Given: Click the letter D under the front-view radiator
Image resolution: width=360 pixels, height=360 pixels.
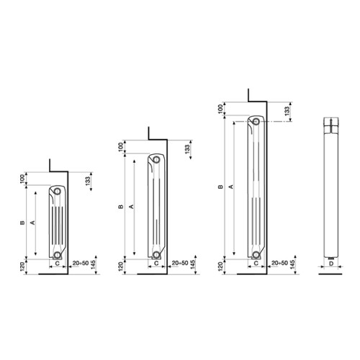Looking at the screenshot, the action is (331, 264).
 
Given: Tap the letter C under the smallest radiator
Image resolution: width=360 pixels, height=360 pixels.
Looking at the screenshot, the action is (58, 264).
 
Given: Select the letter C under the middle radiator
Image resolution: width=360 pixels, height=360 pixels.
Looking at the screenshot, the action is (156, 264).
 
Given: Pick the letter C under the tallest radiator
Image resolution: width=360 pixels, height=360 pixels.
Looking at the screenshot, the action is (256, 264).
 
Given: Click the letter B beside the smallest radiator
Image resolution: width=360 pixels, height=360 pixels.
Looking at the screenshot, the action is (22, 222).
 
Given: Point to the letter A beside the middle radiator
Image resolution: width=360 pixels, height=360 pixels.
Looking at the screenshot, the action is (131, 207).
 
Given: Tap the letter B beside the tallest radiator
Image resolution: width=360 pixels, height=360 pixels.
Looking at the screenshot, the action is (220, 186).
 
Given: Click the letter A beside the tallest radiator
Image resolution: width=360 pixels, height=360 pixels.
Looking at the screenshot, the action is (231, 186).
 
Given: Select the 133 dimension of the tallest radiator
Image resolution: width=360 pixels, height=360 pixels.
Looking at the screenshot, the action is (287, 111).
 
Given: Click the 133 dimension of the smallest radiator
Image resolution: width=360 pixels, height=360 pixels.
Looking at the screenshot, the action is (88, 181).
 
